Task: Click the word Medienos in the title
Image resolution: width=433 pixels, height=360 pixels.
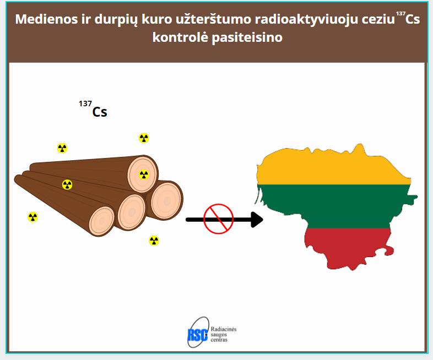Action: click(x=46, y=19)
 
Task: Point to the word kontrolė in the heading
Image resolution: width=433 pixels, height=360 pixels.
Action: click(x=180, y=37)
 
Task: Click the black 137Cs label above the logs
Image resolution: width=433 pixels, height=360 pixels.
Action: click(x=93, y=109)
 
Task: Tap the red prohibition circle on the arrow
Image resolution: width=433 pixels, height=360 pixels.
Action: click(x=219, y=219)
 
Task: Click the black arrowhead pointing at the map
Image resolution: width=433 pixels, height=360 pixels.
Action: click(x=257, y=220)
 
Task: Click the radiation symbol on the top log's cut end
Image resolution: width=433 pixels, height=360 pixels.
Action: click(x=144, y=174)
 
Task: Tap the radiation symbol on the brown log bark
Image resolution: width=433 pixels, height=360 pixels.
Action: click(x=67, y=184)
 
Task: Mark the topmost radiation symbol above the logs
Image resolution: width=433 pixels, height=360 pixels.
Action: click(x=144, y=138)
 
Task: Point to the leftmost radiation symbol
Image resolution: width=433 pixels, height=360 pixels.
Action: click(x=33, y=217)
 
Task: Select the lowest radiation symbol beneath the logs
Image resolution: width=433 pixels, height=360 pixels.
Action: click(x=154, y=241)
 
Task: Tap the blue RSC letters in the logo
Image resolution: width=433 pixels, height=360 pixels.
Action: click(x=197, y=335)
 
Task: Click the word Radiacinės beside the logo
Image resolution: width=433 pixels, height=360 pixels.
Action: click(x=224, y=329)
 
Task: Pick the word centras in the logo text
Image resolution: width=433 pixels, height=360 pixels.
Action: click(x=219, y=340)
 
